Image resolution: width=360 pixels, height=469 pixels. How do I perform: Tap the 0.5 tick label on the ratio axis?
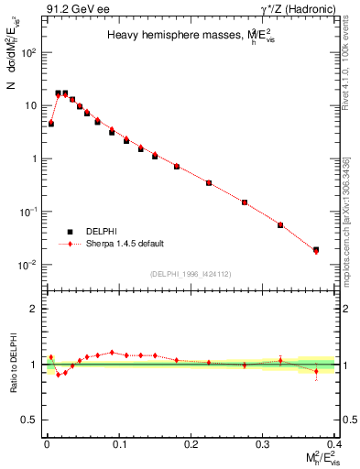click(31, 420)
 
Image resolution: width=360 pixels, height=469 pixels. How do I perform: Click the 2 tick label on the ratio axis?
click(35, 309)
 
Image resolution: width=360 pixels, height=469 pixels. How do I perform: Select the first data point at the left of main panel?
click(50, 123)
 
